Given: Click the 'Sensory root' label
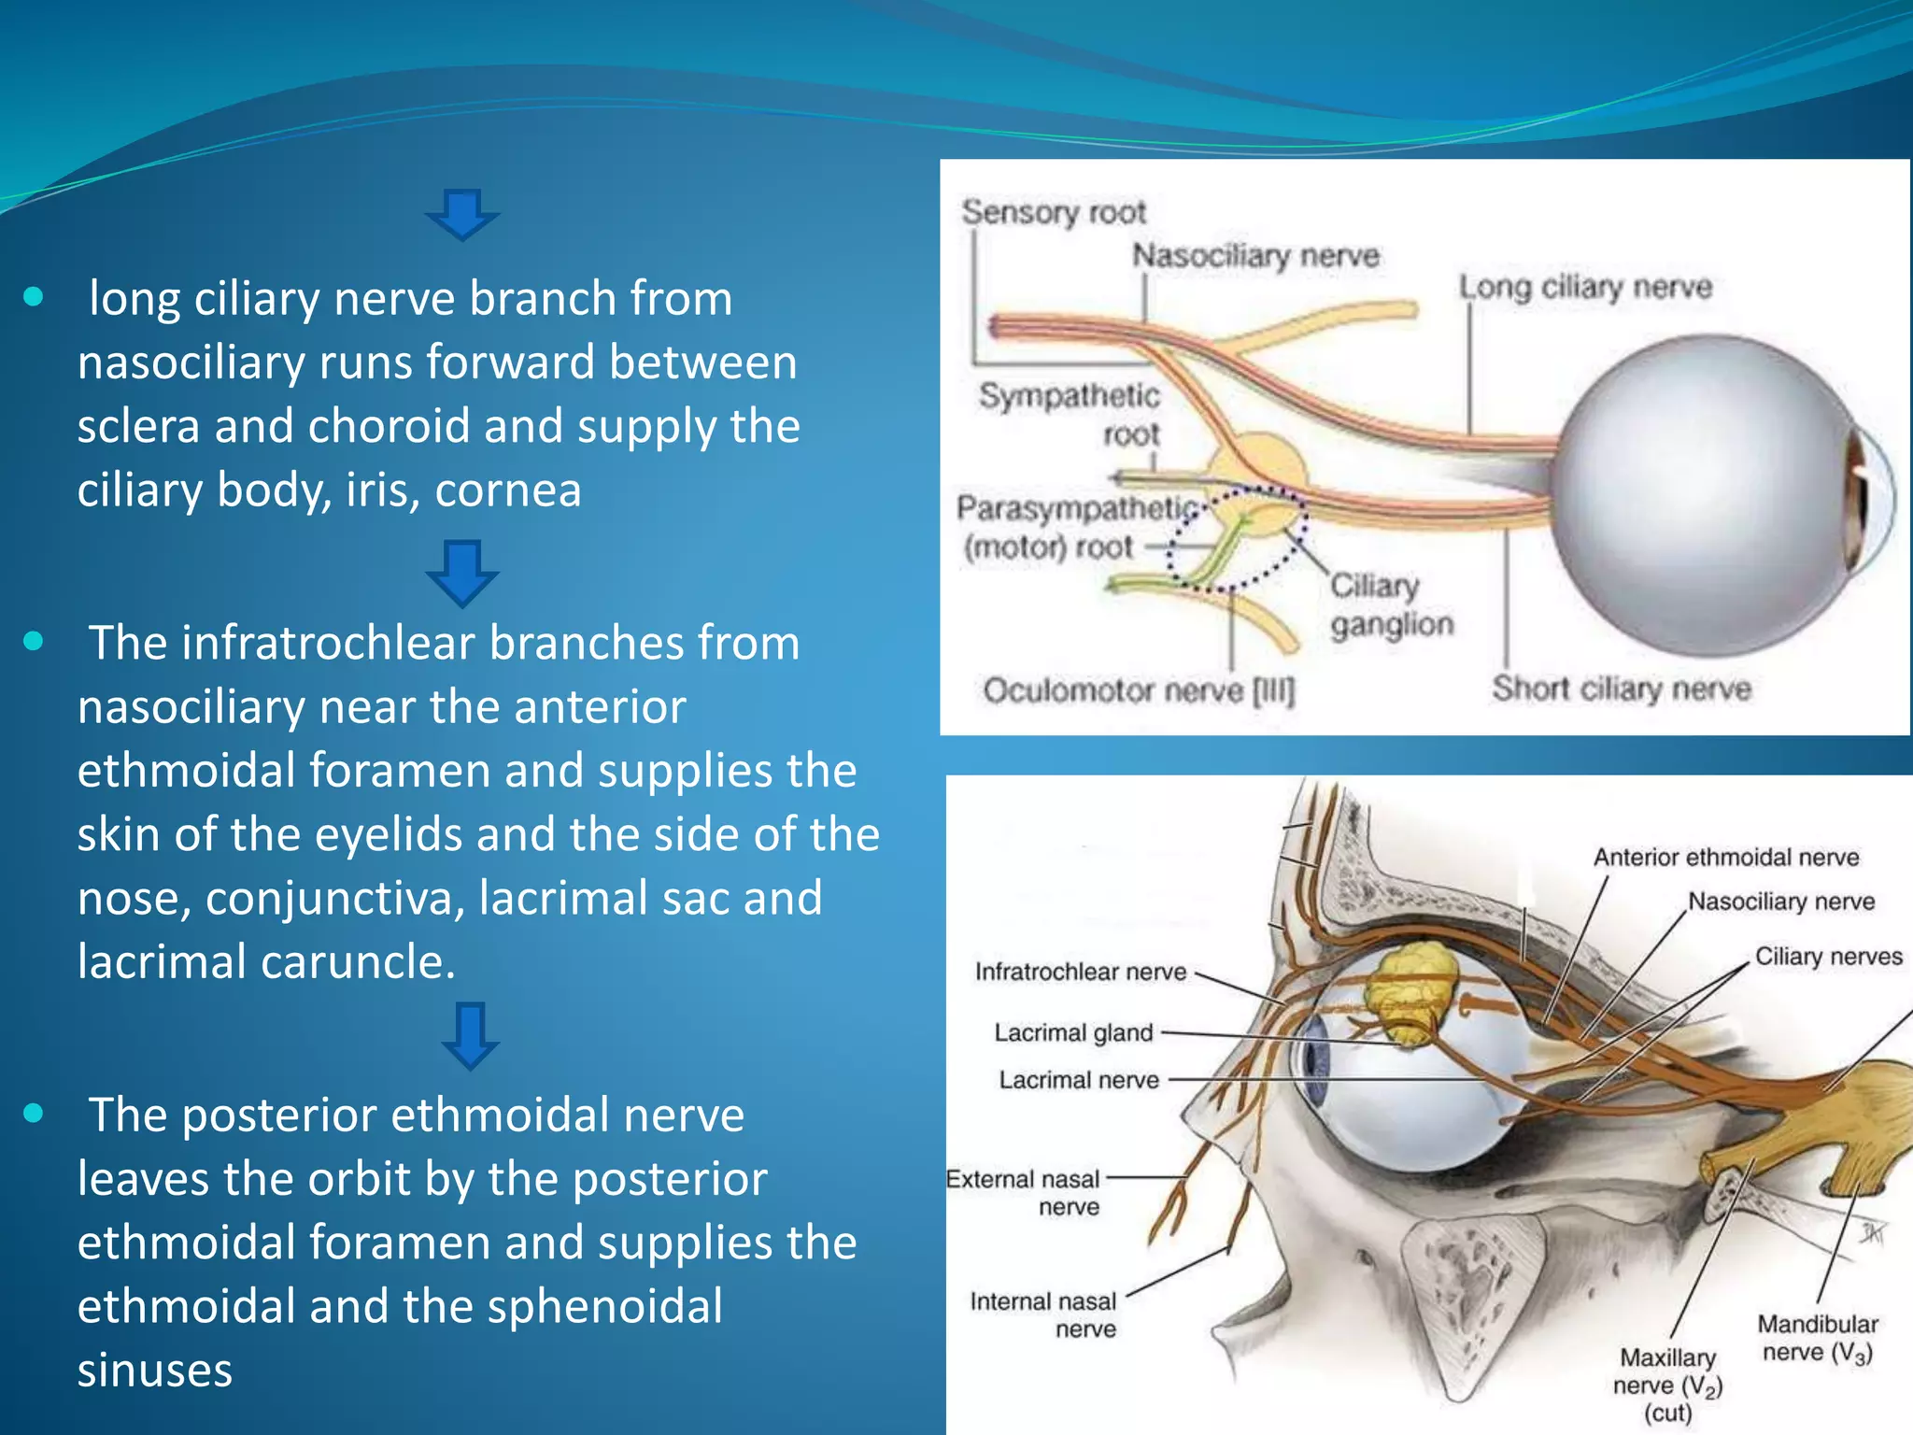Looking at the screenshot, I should pyautogui.click(x=1053, y=212).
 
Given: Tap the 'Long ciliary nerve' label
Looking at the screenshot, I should pyautogui.click(x=1585, y=287).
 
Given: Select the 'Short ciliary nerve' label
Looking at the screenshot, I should pyautogui.click(x=1621, y=689).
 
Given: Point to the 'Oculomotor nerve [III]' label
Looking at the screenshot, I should pyautogui.click(x=1139, y=691).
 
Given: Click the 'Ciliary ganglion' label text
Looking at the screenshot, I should pyautogui.click(x=1391, y=604).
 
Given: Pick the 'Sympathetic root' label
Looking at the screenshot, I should pyautogui.click(x=1070, y=414).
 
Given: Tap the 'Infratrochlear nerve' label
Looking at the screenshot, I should pyautogui.click(x=1080, y=972).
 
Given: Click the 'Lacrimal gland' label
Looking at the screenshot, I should pyautogui.click(x=1073, y=1032).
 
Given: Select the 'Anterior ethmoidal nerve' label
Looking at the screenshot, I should pyautogui.click(x=1725, y=857).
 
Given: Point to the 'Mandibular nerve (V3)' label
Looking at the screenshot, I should pyautogui.click(x=1817, y=1338).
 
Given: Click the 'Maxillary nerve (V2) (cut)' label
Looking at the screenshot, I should pyautogui.click(x=1667, y=1384).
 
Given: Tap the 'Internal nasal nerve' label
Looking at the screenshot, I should pyautogui.click(x=1043, y=1314).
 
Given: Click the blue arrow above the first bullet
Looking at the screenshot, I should pyautogui.click(x=462, y=214).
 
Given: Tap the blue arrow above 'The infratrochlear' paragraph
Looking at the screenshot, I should pyautogui.click(x=462, y=571).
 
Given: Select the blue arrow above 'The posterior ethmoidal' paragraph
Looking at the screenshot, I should pyautogui.click(x=470, y=1034).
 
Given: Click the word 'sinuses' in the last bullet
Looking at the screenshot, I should pyautogui.click(x=155, y=1370).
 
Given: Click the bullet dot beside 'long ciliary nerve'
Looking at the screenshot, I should pyautogui.click(x=34, y=298).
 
